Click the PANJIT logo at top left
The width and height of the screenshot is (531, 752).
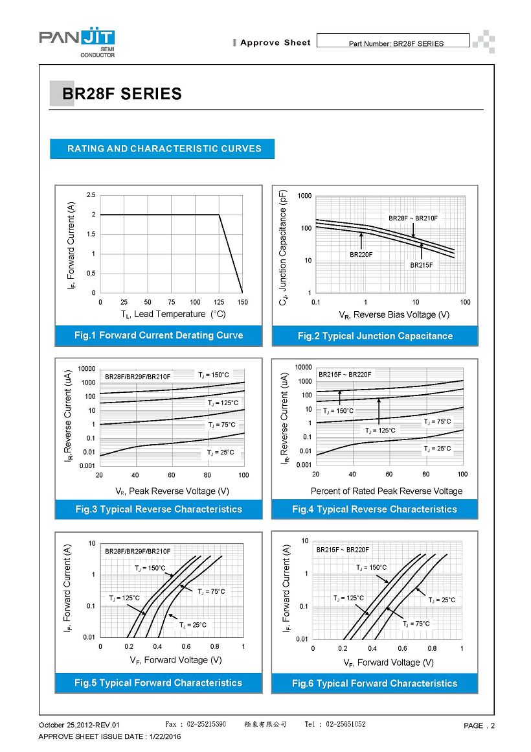(x=77, y=43)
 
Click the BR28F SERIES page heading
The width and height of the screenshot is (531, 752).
(x=122, y=94)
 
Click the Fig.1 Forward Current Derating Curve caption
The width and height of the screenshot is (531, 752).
(x=159, y=335)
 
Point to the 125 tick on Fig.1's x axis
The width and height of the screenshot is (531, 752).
(x=219, y=302)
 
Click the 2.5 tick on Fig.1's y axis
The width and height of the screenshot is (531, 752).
(x=91, y=194)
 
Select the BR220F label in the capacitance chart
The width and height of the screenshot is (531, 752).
(x=361, y=255)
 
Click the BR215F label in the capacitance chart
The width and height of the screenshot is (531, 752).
(x=421, y=265)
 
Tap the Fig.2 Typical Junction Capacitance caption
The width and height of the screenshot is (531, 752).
(x=375, y=336)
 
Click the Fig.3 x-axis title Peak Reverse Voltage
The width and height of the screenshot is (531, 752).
(x=172, y=491)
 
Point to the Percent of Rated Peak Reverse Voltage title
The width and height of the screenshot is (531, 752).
(x=387, y=491)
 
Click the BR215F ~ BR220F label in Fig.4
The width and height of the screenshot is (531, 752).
(x=345, y=374)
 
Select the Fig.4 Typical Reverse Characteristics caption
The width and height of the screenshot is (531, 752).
(x=374, y=509)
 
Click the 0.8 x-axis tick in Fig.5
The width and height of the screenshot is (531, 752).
(x=214, y=647)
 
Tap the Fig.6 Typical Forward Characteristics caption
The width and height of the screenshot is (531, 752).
(x=374, y=683)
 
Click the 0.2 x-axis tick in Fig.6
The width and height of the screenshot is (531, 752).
(x=343, y=648)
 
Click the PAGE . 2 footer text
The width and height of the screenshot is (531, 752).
(x=479, y=725)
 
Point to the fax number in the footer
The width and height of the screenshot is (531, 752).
(x=196, y=724)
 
